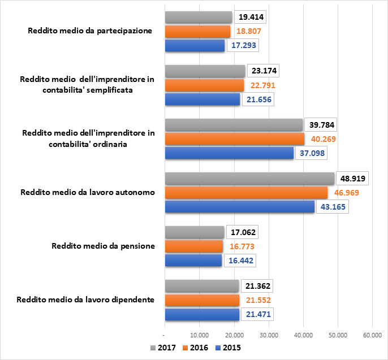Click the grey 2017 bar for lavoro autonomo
249,179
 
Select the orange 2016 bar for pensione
194,246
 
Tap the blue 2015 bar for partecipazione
195,46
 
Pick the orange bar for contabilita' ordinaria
234,139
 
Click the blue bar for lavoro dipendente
202,314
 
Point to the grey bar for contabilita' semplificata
205,71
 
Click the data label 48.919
352,179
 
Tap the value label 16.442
239,261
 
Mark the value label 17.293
242,46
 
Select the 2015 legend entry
228,348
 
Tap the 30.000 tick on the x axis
269,335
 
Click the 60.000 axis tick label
373,335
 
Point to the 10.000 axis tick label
199,335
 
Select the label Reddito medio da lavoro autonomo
87,192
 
